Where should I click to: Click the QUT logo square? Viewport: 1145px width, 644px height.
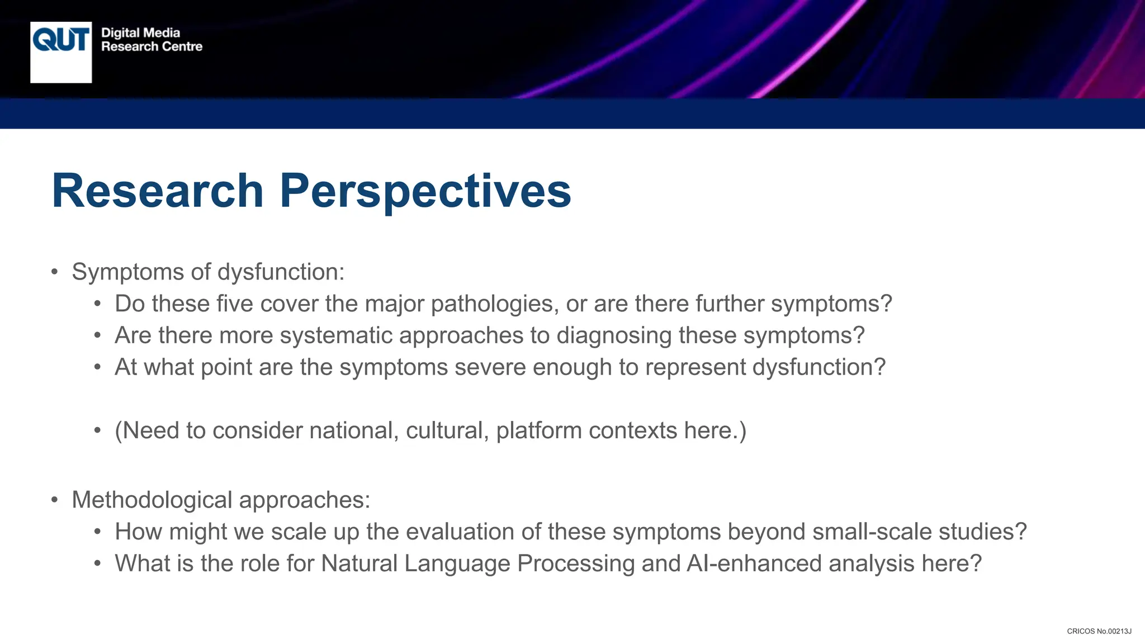[61, 53]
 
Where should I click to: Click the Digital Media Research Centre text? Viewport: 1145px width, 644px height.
[151, 40]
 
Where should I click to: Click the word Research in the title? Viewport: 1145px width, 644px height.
[157, 191]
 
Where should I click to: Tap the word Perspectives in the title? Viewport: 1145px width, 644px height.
[425, 191]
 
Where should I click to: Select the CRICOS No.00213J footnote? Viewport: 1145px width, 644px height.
[1099, 631]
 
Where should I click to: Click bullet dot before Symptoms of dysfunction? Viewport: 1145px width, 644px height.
[54, 273]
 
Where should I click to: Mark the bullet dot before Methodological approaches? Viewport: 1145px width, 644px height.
[54, 500]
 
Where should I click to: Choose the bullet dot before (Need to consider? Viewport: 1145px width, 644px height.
[97, 431]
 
